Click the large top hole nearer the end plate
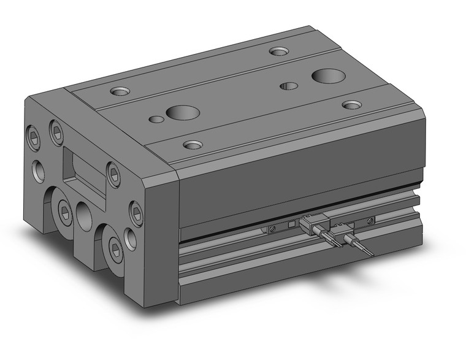coord(183,113)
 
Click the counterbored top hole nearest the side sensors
coord(193,145)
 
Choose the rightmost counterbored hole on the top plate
coord(351,105)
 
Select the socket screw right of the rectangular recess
coord(113,171)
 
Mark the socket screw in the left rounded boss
coord(65,212)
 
